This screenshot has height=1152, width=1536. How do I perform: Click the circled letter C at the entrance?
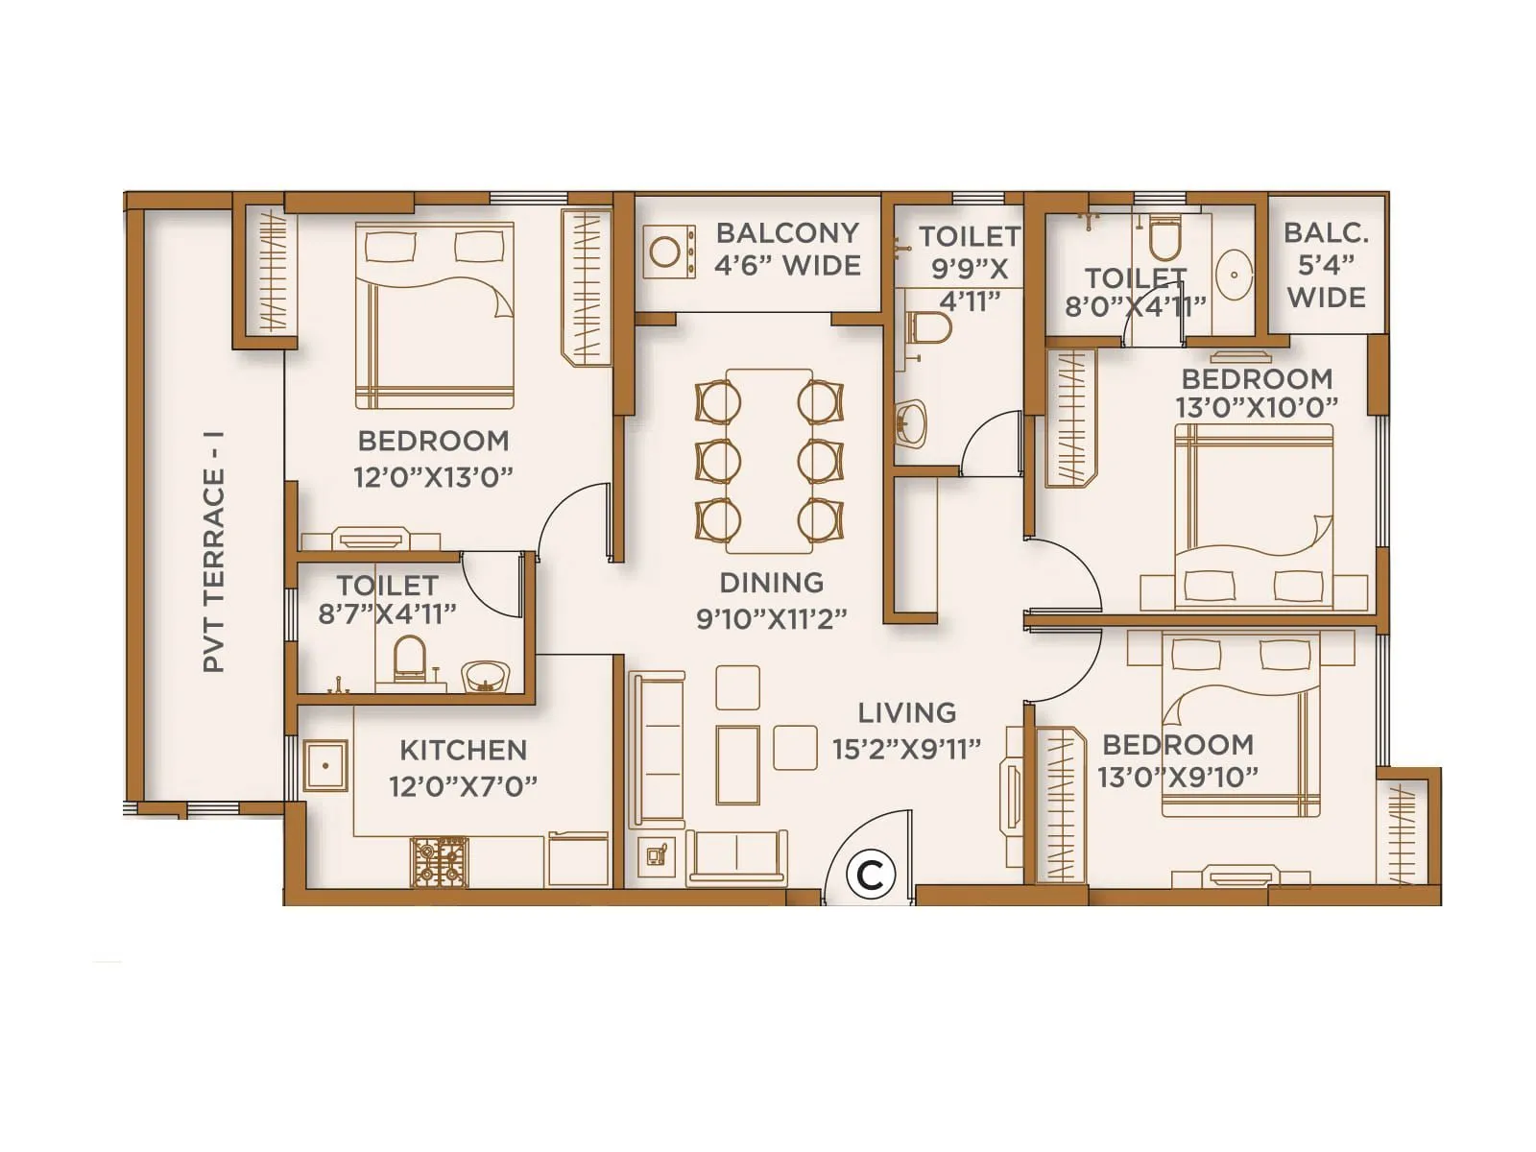click(x=870, y=875)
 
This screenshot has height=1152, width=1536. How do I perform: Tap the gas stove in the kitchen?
click(x=441, y=861)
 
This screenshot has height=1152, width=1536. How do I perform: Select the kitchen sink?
click(x=325, y=765)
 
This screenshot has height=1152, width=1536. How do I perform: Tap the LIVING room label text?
click(x=906, y=713)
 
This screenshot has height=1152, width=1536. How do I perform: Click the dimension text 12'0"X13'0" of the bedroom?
click(x=433, y=477)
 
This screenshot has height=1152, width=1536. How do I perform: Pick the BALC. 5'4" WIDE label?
click(x=1326, y=265)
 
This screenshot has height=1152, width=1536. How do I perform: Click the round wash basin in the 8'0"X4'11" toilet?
click(x=1234, y=275)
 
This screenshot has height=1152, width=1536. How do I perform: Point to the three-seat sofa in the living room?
click(x=658, y=749)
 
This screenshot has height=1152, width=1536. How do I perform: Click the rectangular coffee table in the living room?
click(x=737, y=764)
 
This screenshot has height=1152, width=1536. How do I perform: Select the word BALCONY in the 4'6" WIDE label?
click(x=787, y=233)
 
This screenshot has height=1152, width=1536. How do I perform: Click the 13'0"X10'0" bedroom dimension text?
click(x=1257, y=407)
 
